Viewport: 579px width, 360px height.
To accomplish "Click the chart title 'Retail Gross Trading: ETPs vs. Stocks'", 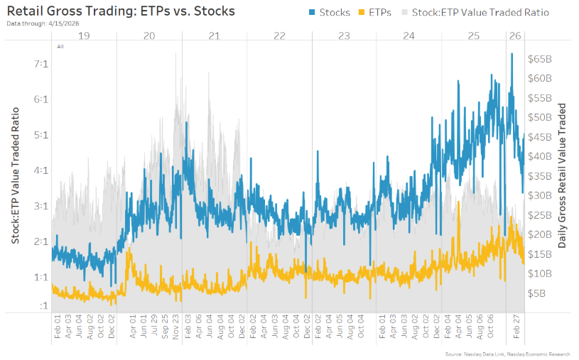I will tap(120, 11).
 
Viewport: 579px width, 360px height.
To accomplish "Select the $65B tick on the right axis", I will tap(541, 59).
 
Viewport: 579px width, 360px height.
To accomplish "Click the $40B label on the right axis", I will tap(541, 156).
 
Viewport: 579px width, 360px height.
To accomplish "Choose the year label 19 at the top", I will tap(84, 36).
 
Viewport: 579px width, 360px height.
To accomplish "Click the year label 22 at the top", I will tap(279, 36).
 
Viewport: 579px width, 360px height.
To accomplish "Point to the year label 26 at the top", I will tap(515, 36).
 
